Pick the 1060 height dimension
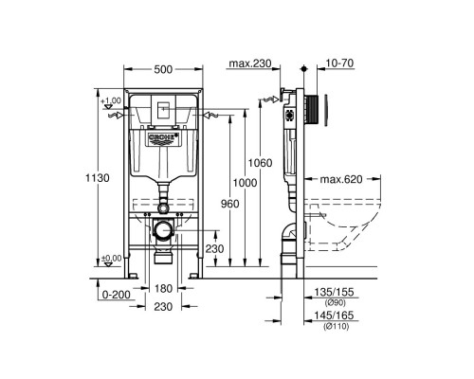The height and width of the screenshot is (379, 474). click(x=264, y=163)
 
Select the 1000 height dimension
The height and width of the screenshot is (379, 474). click(x=244, y=182)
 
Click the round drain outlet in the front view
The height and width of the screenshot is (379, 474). click(x=165, y=229)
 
